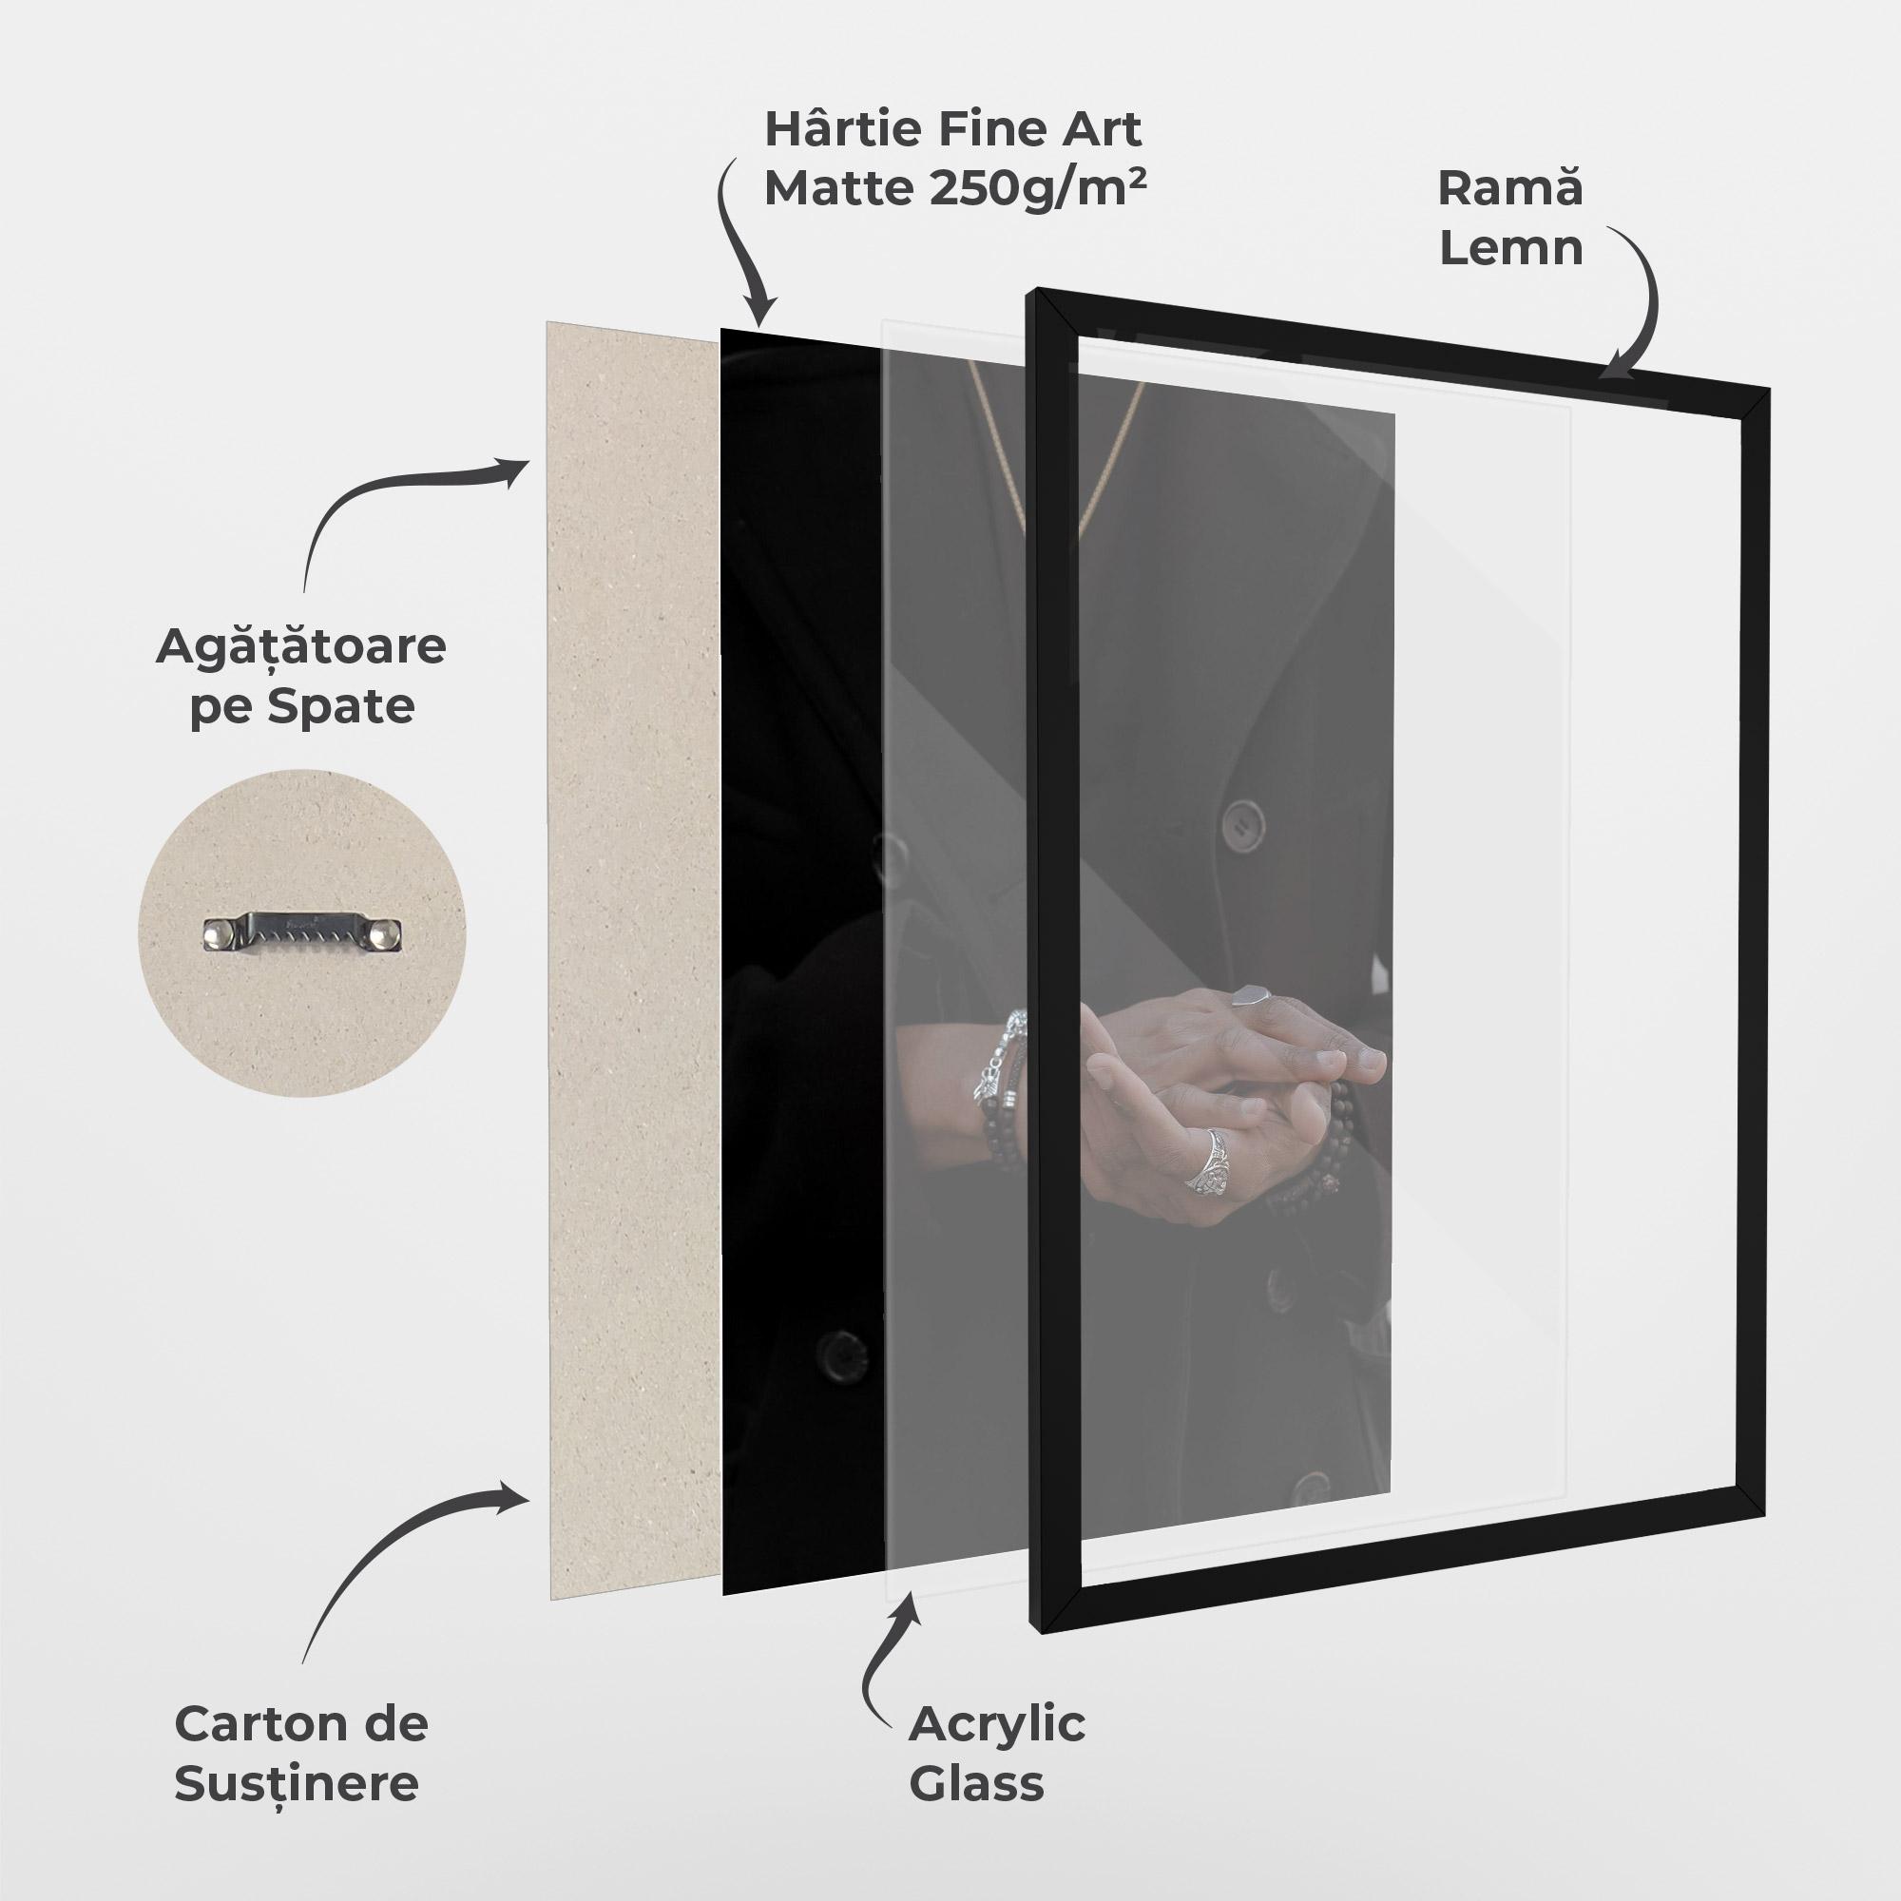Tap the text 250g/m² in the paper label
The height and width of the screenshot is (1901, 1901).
pyautogui.click(x=1037, y=187)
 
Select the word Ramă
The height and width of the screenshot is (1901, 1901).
pyautogui.click(x=1510, y=188)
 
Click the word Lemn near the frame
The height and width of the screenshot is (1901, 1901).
pyautogui.click(x=1511, y=247)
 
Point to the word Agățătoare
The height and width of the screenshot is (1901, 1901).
pyautogui.click(x=300, y=647)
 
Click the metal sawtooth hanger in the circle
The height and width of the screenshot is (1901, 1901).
pyautogui.click(x=304, y=931)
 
